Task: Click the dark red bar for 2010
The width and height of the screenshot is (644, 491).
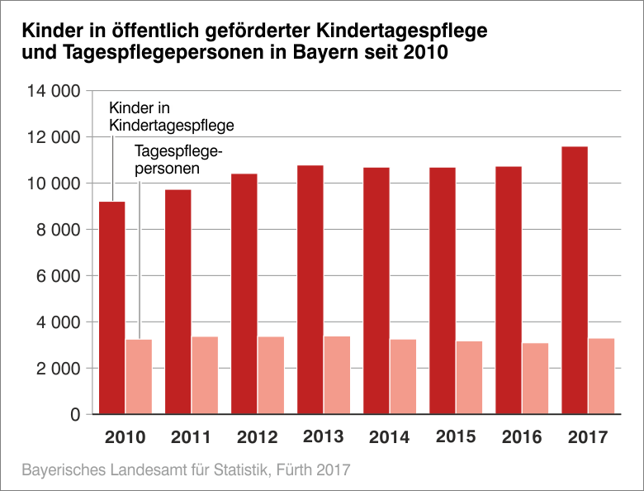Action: pos(112,307)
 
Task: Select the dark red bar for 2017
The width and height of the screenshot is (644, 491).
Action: pos(575,280)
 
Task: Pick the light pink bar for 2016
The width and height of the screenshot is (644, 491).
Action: pos(535,378)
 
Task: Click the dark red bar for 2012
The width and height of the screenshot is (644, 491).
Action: pos(244,293)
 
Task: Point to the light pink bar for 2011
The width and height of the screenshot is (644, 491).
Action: pos(205,374)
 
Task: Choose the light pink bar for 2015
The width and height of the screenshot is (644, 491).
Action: pos(469,377)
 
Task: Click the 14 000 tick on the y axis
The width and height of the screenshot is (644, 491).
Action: pos(49,91)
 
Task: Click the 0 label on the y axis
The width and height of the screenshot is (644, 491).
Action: pos(73,414)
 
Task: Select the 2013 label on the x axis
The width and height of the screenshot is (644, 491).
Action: pos(324,436)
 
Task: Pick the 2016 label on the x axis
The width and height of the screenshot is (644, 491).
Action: pos(522,436)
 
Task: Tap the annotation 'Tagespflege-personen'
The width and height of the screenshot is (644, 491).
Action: pos(178,159)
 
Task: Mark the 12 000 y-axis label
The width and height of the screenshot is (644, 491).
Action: pos(49,137)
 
